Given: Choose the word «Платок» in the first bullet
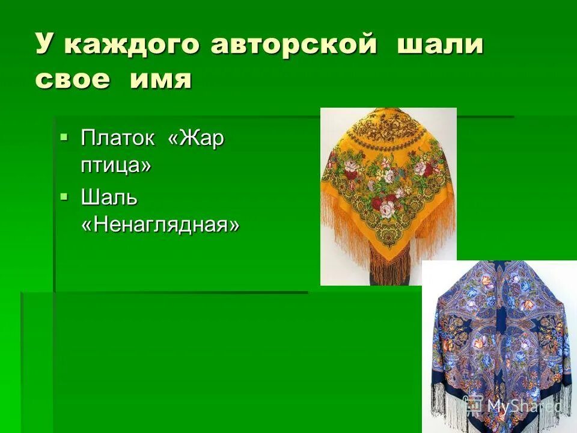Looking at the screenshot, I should click(118, 139).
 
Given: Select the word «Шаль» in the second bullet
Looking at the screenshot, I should click(109, 197).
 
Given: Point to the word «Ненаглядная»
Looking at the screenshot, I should click(160, 225).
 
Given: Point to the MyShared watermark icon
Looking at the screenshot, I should click(473, 405).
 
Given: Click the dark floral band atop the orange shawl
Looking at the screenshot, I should click(388, 123).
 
